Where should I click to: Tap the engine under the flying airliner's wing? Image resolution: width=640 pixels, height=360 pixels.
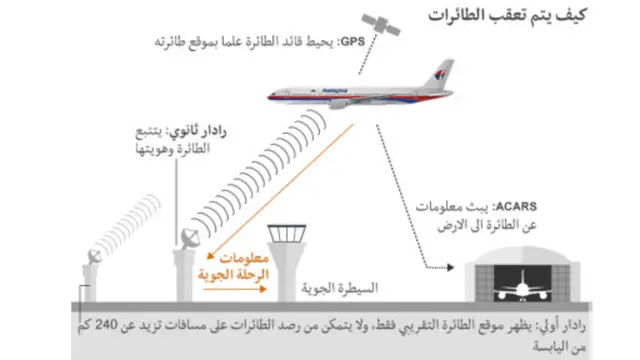340,102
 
